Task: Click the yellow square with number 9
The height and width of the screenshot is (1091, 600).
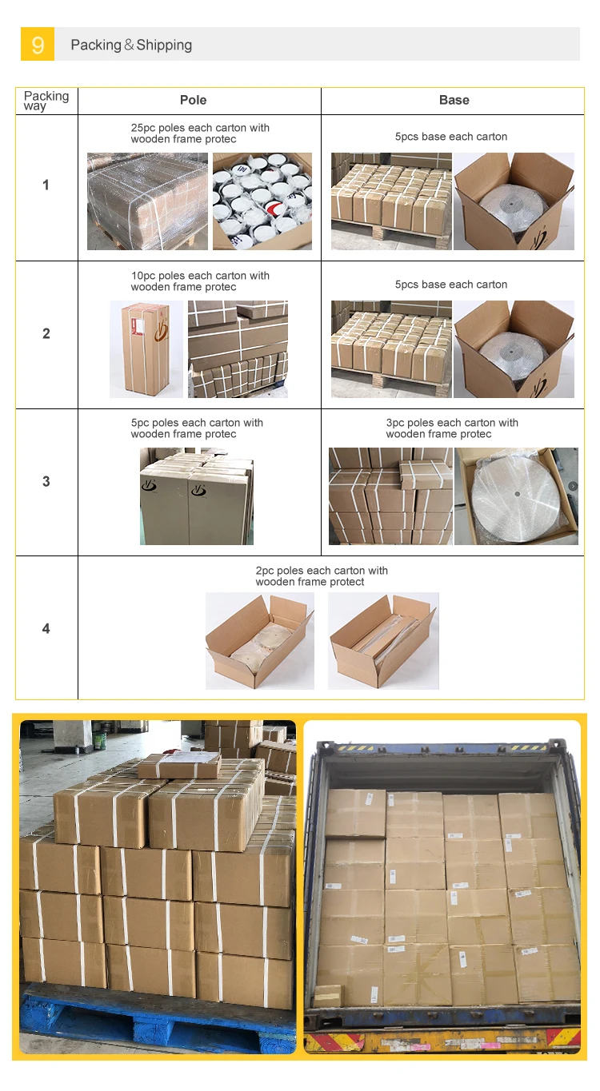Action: [x=38, y=44]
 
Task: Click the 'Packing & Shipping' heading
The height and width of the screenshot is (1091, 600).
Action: [x=131, y=45]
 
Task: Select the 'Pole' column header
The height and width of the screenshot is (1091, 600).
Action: [x=193, y=100]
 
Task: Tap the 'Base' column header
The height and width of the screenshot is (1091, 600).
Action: [x=454, y=100]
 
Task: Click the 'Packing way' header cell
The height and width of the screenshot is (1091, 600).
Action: [x=46, y=101]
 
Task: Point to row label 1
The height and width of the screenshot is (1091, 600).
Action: [x=46, y=185]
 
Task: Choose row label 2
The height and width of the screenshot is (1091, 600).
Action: [x=46, y=333]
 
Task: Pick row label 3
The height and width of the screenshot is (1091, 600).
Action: [x=46, y=482]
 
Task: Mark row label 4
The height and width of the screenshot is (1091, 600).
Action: [x=46, y=629]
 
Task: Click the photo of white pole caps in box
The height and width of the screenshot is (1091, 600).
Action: [x=262, y=201]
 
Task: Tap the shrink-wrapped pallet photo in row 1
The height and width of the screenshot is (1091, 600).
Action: [x=147, y=201]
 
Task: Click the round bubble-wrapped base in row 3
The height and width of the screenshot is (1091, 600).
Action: [x=517, y=496]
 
